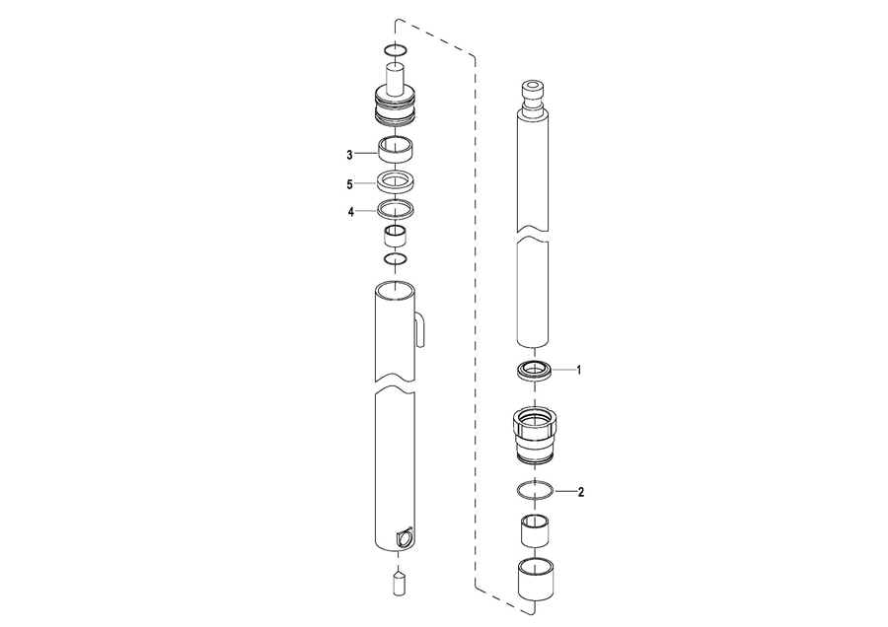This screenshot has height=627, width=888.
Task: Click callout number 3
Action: click(349, 155)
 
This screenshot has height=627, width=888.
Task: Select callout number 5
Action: click(349, 184)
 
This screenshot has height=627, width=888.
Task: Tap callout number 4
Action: click(351, 212)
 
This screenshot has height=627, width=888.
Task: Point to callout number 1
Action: click(579, 370)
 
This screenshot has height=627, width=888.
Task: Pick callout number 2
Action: click(580, 492)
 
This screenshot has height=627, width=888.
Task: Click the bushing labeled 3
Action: click(396, 150)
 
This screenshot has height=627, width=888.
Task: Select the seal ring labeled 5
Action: click(396, 182)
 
